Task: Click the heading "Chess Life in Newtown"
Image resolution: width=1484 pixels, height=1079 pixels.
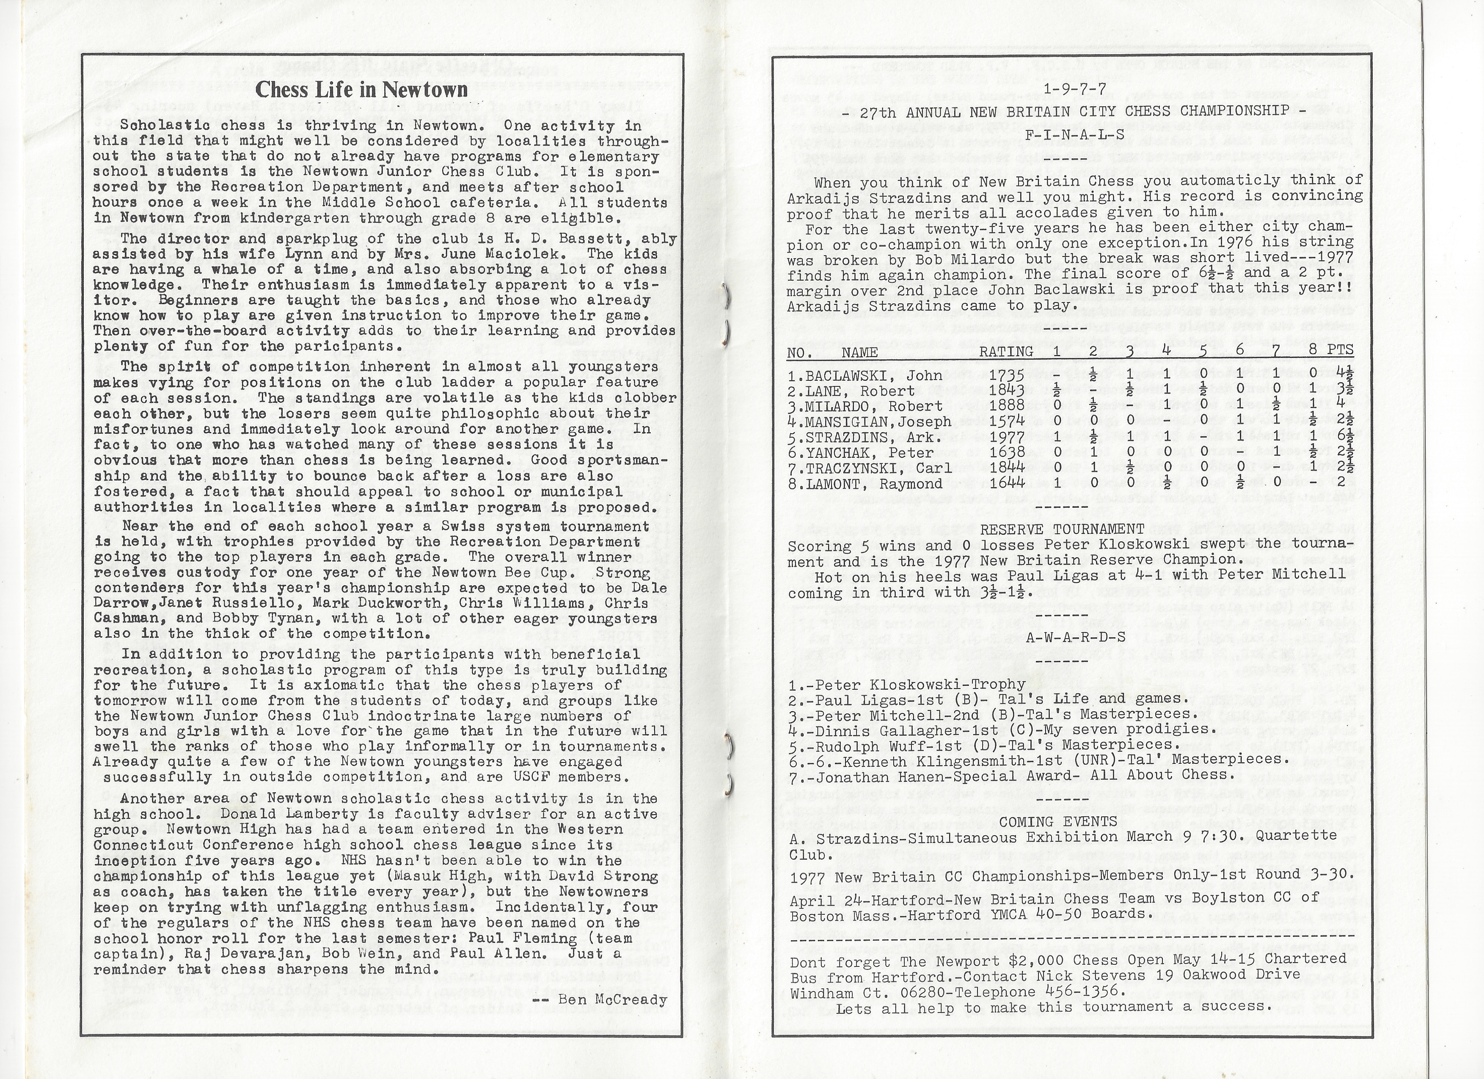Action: (x=361, y=90)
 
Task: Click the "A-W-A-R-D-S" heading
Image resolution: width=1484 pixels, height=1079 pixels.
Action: (x=1075, y=637)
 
